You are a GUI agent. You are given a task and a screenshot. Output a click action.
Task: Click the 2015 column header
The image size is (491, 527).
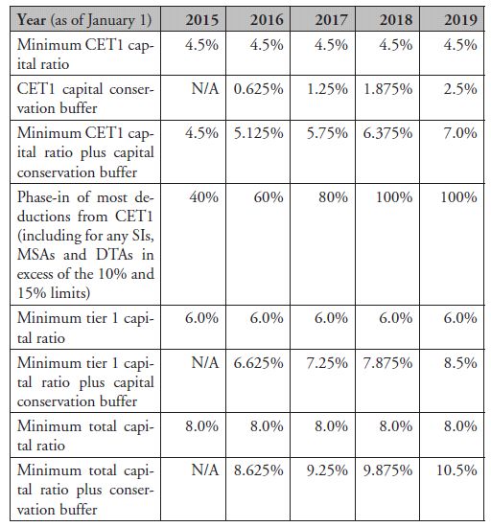[201, 19]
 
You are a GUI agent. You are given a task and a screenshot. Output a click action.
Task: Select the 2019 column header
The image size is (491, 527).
[460, 19]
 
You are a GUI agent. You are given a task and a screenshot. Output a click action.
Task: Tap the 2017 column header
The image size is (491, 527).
[331, 19]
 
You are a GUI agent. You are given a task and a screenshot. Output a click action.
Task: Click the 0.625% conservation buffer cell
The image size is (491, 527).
[258, 89]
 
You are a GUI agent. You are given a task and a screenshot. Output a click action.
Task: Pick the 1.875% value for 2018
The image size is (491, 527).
[388, 89]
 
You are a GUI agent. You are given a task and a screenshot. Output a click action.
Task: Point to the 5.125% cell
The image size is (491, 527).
[258, 133]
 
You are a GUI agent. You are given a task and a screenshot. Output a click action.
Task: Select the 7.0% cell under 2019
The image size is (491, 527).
[460, 133]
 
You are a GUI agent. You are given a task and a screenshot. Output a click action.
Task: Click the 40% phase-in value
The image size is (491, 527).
[204, 197]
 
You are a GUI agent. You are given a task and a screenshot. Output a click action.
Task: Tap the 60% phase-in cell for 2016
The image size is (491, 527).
[269, 197]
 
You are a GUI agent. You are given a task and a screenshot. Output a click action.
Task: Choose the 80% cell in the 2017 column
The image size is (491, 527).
[334, 197]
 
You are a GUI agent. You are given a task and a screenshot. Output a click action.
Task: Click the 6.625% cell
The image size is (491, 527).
[258, 363]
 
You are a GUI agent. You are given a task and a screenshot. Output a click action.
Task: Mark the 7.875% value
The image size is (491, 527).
[387, 363]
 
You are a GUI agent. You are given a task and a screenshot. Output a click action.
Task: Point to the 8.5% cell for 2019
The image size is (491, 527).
[460, 363]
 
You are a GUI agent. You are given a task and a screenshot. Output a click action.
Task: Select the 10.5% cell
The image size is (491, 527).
[456, 470]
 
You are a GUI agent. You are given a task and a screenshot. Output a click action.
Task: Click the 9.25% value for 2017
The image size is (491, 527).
[327, 470]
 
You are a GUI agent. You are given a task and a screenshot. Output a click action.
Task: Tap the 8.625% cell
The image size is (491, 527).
[259, 470]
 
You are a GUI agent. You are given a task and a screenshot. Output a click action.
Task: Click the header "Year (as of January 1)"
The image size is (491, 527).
[84, 20]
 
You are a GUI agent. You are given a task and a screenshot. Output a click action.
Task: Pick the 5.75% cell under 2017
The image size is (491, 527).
[327, 133]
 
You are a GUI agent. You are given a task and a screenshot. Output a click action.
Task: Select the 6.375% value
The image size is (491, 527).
[387, 133]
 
